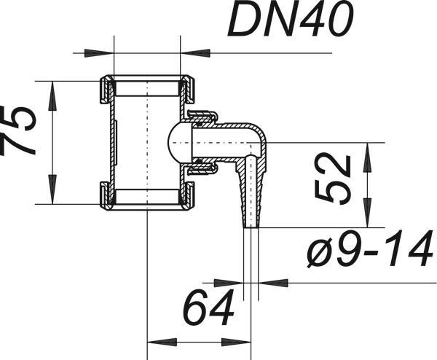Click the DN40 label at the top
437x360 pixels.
point(291,19)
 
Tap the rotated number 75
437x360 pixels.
point(17,130)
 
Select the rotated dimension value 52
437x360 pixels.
point(333,179)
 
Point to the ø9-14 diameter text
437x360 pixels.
point(370,249)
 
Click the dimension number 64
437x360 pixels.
point(208,308)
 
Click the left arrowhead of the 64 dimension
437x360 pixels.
point(162,343)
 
